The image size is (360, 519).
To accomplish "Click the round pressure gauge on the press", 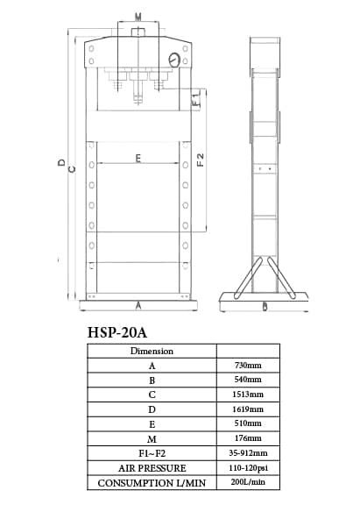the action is click(174, 60).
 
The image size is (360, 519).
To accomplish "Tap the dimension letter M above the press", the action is click(138, 17).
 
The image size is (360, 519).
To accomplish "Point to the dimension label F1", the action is click(196, 98).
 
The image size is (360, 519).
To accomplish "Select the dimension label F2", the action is click(201, 160).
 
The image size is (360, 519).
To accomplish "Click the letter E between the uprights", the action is click(138, 158).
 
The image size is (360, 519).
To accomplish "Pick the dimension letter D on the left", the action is click(62, 162).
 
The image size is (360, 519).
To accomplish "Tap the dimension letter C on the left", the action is click(72, 169).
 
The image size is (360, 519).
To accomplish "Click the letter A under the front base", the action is click(138, 306).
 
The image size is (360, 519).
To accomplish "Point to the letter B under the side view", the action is click(265, 307).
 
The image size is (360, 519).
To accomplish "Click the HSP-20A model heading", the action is click(117, 332).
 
